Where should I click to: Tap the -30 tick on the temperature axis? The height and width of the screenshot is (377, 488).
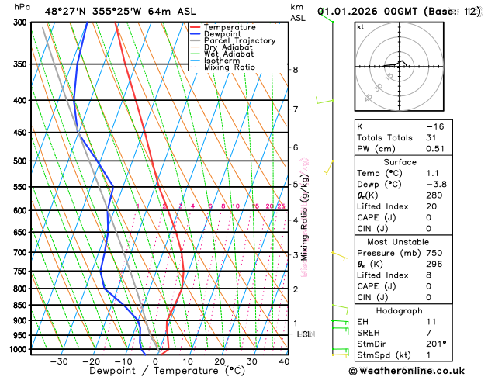[x=58, y=361]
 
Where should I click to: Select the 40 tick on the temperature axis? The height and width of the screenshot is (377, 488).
[x=284, y=361]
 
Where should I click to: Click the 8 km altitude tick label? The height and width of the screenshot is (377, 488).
[x=295, y=70]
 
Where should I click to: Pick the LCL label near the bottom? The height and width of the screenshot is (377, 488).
[x=304, y=334]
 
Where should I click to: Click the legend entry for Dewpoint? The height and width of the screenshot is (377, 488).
[x=222, y=34]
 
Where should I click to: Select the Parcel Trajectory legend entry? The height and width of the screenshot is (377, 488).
[x=239, y=41]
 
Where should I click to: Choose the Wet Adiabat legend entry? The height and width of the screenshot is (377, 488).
[x=230, y=54]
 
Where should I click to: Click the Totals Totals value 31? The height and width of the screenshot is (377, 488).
[x=433, y=137]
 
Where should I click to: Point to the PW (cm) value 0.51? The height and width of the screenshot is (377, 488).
[x=435, y=149]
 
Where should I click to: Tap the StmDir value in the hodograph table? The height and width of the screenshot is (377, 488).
[x=437, y=344]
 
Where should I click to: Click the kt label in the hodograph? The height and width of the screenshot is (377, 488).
[x=361, y=27]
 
